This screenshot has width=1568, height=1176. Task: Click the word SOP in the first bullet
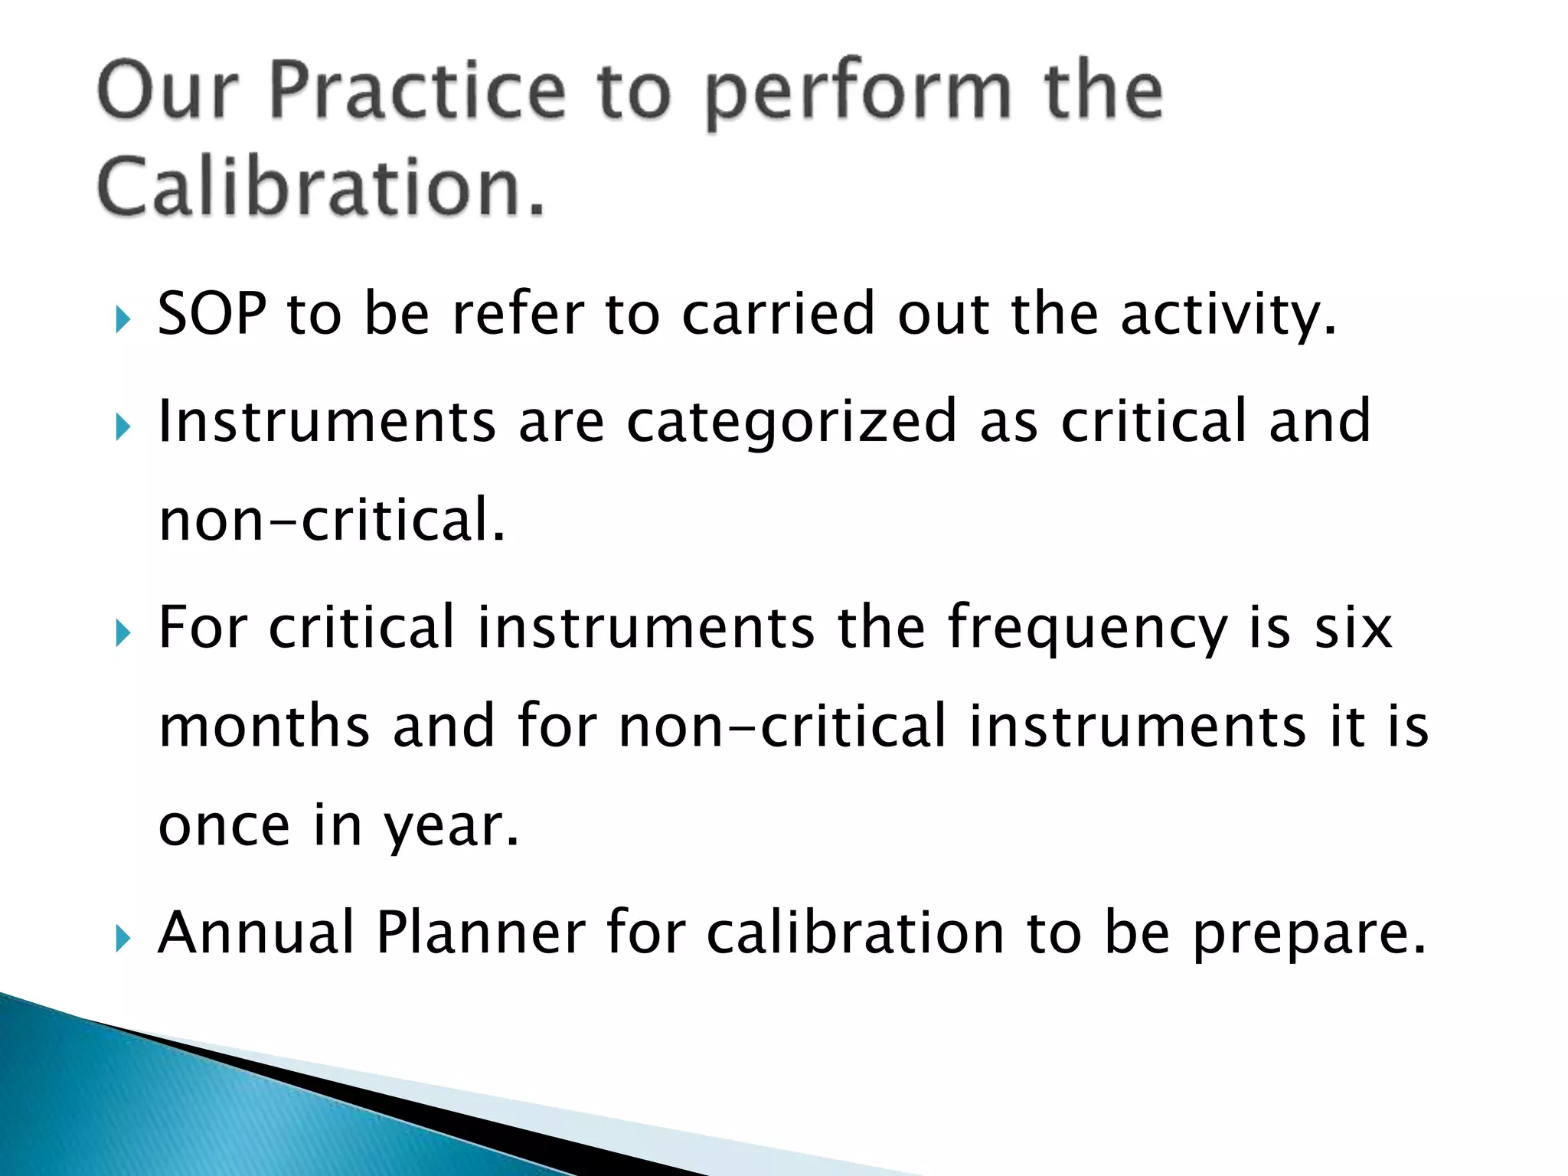point(212,314)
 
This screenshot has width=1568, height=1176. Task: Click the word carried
point(778,314)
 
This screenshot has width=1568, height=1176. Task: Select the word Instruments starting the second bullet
point(327,421)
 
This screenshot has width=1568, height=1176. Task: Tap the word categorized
point(792,423)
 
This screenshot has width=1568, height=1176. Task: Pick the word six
point(1353,628)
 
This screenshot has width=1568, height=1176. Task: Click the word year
point(452,827)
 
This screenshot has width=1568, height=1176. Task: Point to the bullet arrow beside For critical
point(123,633)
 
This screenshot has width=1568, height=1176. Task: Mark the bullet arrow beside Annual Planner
point(123,938)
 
